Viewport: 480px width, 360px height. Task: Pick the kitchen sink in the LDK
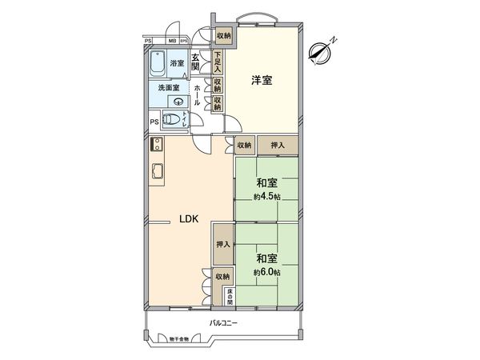158,170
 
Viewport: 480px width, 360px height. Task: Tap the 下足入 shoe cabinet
218,62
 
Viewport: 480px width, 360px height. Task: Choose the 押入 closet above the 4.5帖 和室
278,145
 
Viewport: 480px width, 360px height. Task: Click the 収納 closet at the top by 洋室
223,36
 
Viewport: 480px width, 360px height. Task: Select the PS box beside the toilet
154,122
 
